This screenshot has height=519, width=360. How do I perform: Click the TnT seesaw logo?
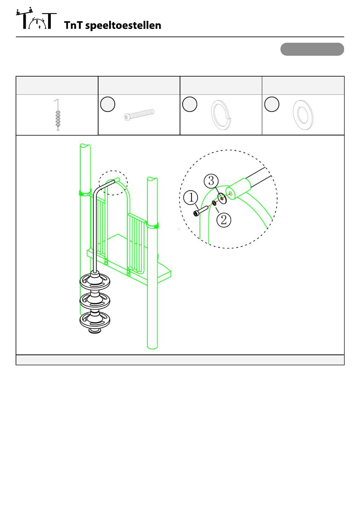(36, 19)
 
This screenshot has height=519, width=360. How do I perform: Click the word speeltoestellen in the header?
(123, 26)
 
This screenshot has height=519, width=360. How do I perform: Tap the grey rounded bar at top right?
(312, 49)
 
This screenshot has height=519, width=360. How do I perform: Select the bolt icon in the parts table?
(139, 115)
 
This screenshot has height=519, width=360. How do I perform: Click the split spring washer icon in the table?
(220, 115)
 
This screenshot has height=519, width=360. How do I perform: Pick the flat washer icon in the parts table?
(303, 115)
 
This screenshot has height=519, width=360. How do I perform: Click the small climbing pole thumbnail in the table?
(58, 115)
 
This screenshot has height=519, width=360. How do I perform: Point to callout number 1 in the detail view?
(191, 198)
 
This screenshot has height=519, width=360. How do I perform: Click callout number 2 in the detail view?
(224, 220)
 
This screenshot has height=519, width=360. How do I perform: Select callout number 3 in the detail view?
(211, 181)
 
